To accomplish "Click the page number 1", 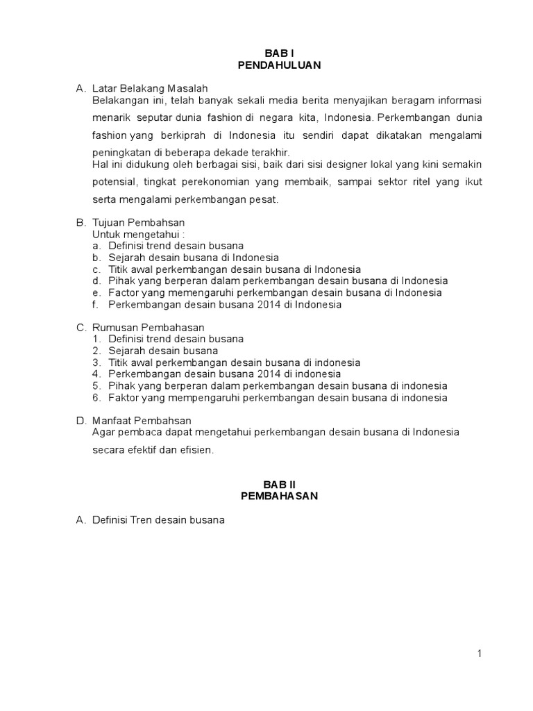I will point(479,653).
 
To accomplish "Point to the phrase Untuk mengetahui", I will point(134,234).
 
